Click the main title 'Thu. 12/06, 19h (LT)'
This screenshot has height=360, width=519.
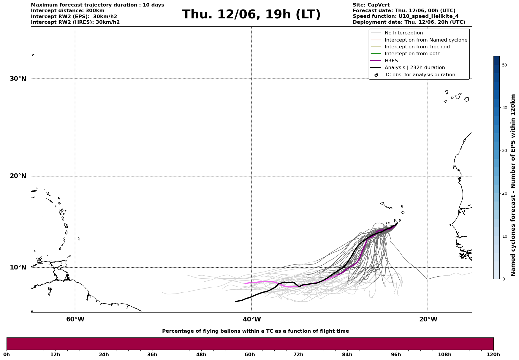[x=251, y=15]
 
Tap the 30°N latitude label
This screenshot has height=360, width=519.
[x=18, y=79]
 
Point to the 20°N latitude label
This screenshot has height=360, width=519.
[x=18, y=176]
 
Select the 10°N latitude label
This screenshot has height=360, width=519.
[x=18, y=267]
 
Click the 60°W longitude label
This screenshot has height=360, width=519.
[x=75, y=319]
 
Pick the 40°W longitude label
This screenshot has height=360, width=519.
[x=252, y=319]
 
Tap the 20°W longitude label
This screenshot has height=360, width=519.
[x=428, y=319]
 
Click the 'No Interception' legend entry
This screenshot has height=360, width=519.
[x=404, y=33]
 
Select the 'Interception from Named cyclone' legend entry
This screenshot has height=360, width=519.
[x=426, y=40]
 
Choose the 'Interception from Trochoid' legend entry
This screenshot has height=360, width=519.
[x=417, y=47]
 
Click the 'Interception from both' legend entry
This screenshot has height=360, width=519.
[x=412, y=54]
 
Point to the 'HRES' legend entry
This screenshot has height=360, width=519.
[x=391, y=61]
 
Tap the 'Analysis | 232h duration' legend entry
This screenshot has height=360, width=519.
[x=414, y=68]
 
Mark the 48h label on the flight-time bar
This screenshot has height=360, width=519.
[x=201, y=355]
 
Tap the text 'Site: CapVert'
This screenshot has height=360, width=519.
[x=371, y=5]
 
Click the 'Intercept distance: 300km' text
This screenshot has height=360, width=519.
[x=67, y=11]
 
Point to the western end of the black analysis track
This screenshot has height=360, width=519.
[x=236, y=302]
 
